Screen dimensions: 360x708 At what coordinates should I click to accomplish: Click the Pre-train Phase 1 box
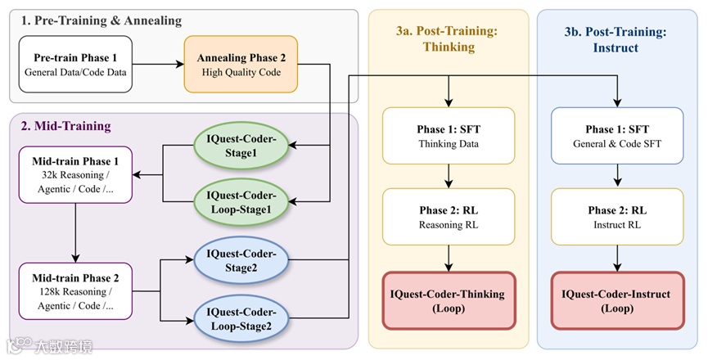point(74,65)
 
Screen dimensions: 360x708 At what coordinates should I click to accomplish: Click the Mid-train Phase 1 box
point(75,174)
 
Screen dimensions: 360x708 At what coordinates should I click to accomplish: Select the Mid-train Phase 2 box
point(75,290)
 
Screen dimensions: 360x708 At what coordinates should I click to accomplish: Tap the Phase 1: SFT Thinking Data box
point(448,136)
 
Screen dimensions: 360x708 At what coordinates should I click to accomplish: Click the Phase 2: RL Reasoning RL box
point(448,217)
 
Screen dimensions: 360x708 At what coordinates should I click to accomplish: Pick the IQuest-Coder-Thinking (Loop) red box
point(448,300)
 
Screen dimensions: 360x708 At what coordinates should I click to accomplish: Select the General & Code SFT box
point(618,136)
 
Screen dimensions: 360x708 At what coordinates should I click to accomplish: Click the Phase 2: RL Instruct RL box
point(618,217)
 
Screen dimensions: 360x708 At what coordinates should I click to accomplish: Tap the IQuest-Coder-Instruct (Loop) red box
point(618,300)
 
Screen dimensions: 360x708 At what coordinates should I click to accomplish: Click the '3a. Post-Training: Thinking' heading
point(448,38)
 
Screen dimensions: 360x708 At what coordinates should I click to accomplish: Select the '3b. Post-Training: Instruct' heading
point(618,38)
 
